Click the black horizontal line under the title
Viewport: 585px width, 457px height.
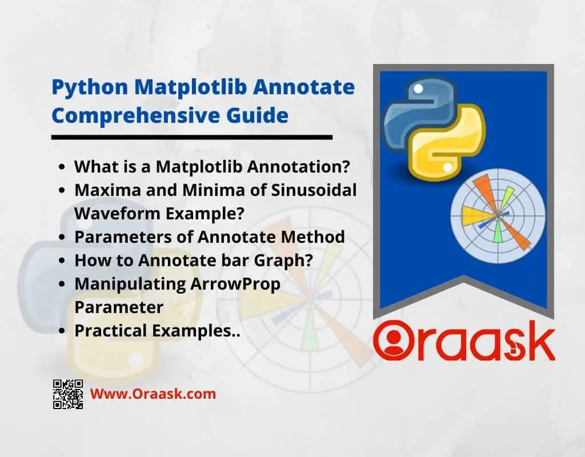point(192,137)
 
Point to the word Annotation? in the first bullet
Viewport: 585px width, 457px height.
point(298,166)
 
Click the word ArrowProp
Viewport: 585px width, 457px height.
point(235,284)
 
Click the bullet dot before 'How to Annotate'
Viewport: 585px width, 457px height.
point(62,260)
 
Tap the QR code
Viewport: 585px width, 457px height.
point(68,394)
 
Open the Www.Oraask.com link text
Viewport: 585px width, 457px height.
point(153,394)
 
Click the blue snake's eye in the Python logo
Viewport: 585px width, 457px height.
point(418,89)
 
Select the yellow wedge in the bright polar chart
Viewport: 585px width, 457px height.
point(478,215)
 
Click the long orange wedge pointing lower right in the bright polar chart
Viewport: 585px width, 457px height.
point(515,232)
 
